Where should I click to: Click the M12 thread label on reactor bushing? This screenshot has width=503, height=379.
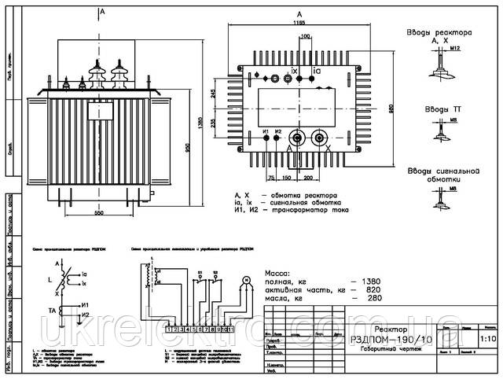click(x=456, y=50)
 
